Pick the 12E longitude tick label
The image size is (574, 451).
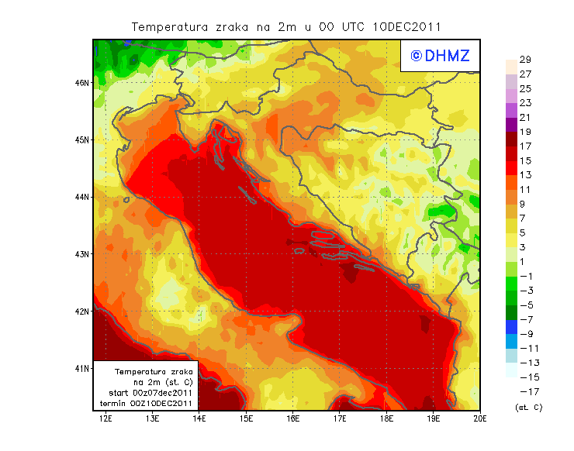[x=106, y=419]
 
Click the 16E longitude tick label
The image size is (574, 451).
[x=293, y=419]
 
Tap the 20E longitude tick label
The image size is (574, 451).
[x=480, y=419]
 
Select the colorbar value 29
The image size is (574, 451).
[x=525, y=60]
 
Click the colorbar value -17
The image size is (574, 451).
[x=528, y=391]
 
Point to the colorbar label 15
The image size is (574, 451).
[x=525, y=160]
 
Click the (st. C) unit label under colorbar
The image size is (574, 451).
[x=528, y=407]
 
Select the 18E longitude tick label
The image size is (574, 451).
[x=386, y=419]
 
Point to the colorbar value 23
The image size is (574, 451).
[x=525, y=103]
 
